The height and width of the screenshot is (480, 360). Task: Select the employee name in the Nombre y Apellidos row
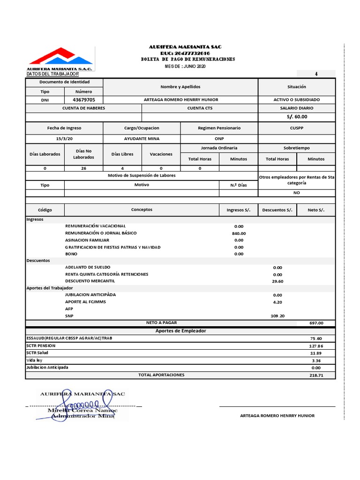pos(180,100)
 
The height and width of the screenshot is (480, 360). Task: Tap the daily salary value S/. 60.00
pos(297,117)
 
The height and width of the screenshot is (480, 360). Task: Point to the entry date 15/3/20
pos(64,139)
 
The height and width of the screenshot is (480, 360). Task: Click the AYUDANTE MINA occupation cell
pos(142,139)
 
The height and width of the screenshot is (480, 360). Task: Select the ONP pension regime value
pos(219,139)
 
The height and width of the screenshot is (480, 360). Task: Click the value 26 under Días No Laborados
pos(83,168)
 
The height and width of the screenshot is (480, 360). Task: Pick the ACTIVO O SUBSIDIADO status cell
pos(297,100)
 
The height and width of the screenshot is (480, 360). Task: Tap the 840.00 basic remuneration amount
pos(239,233)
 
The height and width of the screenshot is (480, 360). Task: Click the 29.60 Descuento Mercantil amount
pos(277,281)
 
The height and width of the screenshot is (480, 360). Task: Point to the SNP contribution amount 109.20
pos(277,316)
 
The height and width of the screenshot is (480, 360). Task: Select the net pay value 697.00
pos(316,323)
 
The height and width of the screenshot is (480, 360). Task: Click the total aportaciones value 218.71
pos(316,375)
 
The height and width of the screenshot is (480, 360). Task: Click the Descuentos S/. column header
pos(277,210)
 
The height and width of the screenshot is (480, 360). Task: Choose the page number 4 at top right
pos(316,74)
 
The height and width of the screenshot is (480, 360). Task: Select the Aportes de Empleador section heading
pos(180,331)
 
